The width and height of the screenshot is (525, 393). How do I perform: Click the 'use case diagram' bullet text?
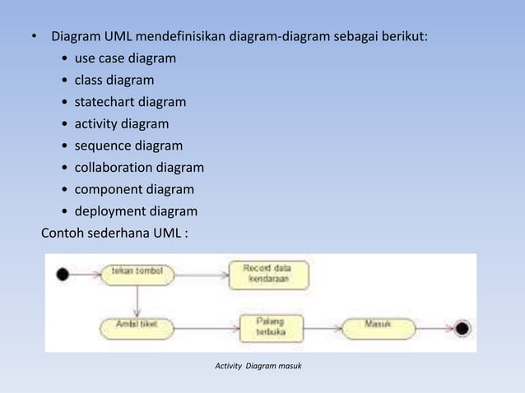[125, 59]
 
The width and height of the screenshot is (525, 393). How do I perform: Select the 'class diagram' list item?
[114, 81]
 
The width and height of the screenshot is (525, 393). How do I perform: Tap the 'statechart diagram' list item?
[130, 103]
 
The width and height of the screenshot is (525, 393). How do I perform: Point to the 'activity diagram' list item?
[122, 124]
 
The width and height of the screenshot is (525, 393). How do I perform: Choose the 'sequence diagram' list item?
[128, 146]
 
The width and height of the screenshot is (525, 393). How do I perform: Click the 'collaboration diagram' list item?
[139, 168]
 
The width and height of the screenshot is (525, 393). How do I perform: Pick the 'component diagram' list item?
[134, 190]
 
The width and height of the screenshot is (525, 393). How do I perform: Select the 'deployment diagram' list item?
[136, 211]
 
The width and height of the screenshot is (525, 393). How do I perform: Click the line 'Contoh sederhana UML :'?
[114, 233]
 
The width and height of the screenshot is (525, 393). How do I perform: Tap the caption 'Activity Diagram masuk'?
[258, 364]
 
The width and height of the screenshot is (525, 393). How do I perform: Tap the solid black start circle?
[63, 274]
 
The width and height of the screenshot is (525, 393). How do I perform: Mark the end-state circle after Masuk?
[462, 328]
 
